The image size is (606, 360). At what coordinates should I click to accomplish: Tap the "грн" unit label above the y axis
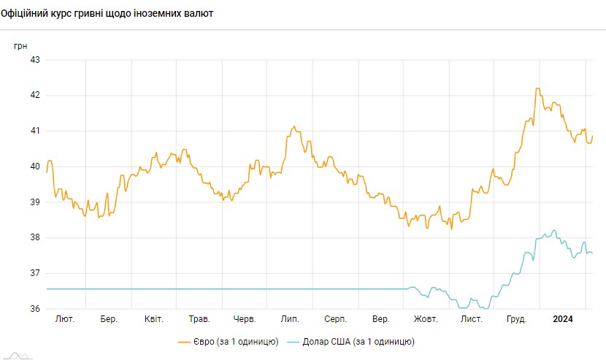pos(20,45)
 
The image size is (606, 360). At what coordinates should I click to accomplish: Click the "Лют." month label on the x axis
pos(64,320)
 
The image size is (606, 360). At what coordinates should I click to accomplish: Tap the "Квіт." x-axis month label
pos(154,320)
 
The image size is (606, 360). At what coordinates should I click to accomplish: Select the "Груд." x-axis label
pos(517,320)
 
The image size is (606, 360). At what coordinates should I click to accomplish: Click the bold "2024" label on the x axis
pos(562,320)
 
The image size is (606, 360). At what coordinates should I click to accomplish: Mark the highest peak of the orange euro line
pos(538,88)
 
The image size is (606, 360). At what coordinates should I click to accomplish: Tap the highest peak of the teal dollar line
pos(554,230)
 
